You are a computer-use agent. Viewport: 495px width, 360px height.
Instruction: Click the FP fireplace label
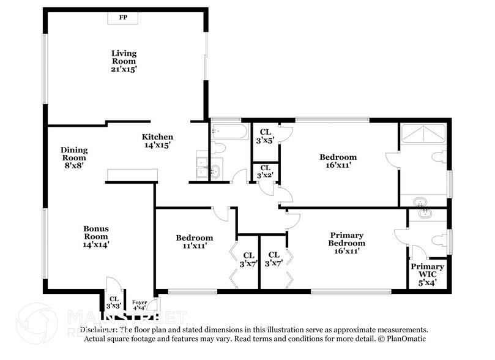point(123,18)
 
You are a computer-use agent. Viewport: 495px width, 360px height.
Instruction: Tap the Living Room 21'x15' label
point(124,61)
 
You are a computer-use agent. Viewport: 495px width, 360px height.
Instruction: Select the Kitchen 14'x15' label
point(157,141)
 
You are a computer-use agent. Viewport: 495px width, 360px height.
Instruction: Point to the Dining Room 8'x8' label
point(74,154)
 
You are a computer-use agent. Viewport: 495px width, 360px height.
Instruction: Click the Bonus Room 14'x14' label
point(96,236)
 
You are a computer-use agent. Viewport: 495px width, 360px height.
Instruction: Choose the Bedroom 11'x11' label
point(195,242)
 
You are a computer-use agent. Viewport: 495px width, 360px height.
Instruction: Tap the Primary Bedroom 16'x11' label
point(347,242)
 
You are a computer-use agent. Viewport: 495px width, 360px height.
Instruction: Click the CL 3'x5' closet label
point(265,136)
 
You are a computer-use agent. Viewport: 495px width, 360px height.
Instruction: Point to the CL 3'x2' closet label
point(265,171)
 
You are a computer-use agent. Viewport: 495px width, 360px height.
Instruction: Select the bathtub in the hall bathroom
point(229,132)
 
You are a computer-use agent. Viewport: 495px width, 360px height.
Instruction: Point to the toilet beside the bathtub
point(218,148)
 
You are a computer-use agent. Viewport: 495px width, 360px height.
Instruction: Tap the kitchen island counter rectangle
point(132,176)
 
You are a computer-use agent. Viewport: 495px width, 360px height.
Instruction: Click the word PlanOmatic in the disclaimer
point(405,339)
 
